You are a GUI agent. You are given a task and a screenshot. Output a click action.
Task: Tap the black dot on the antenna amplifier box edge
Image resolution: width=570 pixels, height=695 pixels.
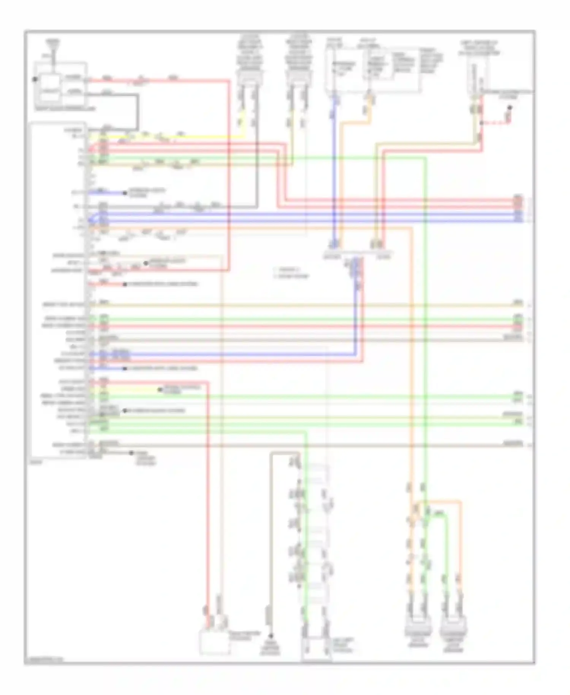(35, 79)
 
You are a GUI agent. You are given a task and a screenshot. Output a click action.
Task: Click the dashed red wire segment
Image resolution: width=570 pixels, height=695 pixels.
(496, 123)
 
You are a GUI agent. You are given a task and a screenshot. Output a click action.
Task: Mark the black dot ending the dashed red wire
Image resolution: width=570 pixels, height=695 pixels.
(510, 108)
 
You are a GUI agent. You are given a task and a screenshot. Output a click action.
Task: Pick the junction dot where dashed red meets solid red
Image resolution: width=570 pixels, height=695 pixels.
(481, 123)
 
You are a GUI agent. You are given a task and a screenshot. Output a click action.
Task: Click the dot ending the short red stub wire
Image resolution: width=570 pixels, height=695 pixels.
(125, 284)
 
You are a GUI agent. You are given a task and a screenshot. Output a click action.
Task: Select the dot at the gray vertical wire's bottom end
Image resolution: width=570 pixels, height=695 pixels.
(271, 636)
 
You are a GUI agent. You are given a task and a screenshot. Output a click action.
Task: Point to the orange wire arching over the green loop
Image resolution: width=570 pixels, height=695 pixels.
(441, 502)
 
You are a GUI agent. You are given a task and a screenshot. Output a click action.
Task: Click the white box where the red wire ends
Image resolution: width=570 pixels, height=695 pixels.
(214, 643)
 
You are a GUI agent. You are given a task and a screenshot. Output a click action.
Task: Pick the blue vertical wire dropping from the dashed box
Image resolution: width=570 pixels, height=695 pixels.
(334, 167)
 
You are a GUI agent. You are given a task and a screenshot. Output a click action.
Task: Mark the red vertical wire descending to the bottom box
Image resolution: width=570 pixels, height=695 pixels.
(208, 494)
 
